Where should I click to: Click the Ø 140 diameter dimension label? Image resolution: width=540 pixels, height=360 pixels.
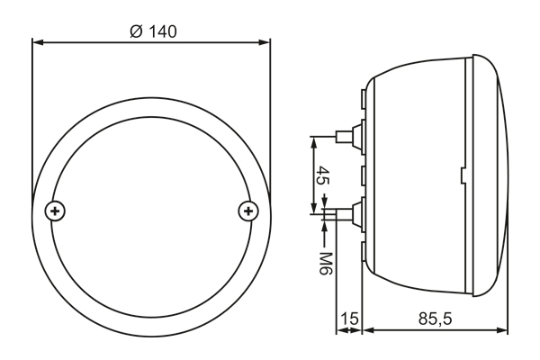point(153,31)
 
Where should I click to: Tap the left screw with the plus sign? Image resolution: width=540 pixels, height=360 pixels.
point(55,211)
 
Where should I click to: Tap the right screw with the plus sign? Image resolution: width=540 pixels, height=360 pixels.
point(248,211)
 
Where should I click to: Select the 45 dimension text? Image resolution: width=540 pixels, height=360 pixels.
point(323,175)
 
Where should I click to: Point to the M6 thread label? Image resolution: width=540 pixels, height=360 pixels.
point(325,264)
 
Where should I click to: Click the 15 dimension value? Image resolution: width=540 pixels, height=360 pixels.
point(349,319)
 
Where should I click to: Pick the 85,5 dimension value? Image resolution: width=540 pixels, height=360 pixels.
point(435,319)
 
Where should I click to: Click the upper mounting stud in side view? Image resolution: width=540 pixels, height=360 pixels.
point(348,136)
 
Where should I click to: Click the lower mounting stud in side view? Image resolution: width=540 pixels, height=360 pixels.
point(348,213)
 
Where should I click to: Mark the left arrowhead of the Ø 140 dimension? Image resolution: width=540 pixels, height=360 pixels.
point(38,42)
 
